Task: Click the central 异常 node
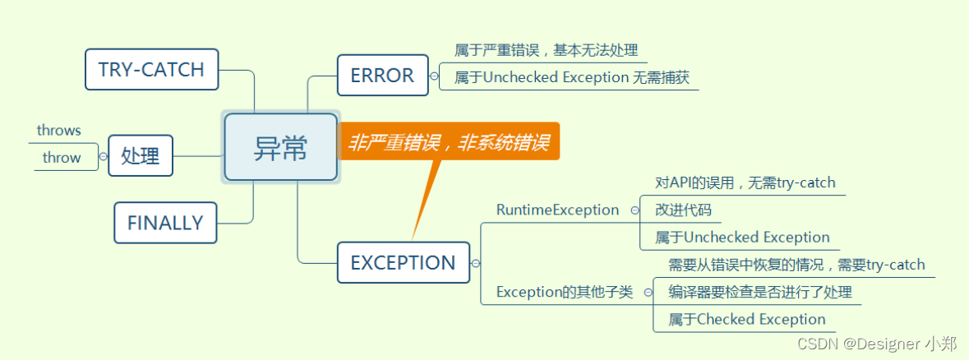(x=280, y=148)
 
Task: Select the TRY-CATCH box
(x=151, y=70)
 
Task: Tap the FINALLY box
(x=164, y=223)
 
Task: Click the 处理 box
(x=141, y=155)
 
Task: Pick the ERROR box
(x=382, y=76)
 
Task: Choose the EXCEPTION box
(x=403, y=263)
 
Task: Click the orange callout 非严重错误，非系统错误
(x=449, y=143)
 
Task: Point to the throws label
(x=59, y=131)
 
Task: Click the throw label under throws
(x=62, y=158)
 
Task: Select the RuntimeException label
(x=557, y=210)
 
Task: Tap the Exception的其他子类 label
(x=565, y=292)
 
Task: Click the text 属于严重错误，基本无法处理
(x=546, y=50)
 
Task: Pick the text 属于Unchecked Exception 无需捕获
(x=571, y=78)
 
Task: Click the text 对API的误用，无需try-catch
(x=745, y=182)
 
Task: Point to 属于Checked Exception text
(x=746, y=319)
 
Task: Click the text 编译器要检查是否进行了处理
(x=759, y=292)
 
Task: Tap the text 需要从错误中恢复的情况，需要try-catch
(x=796, y=265)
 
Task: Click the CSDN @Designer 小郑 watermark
(x=879, y=344)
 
